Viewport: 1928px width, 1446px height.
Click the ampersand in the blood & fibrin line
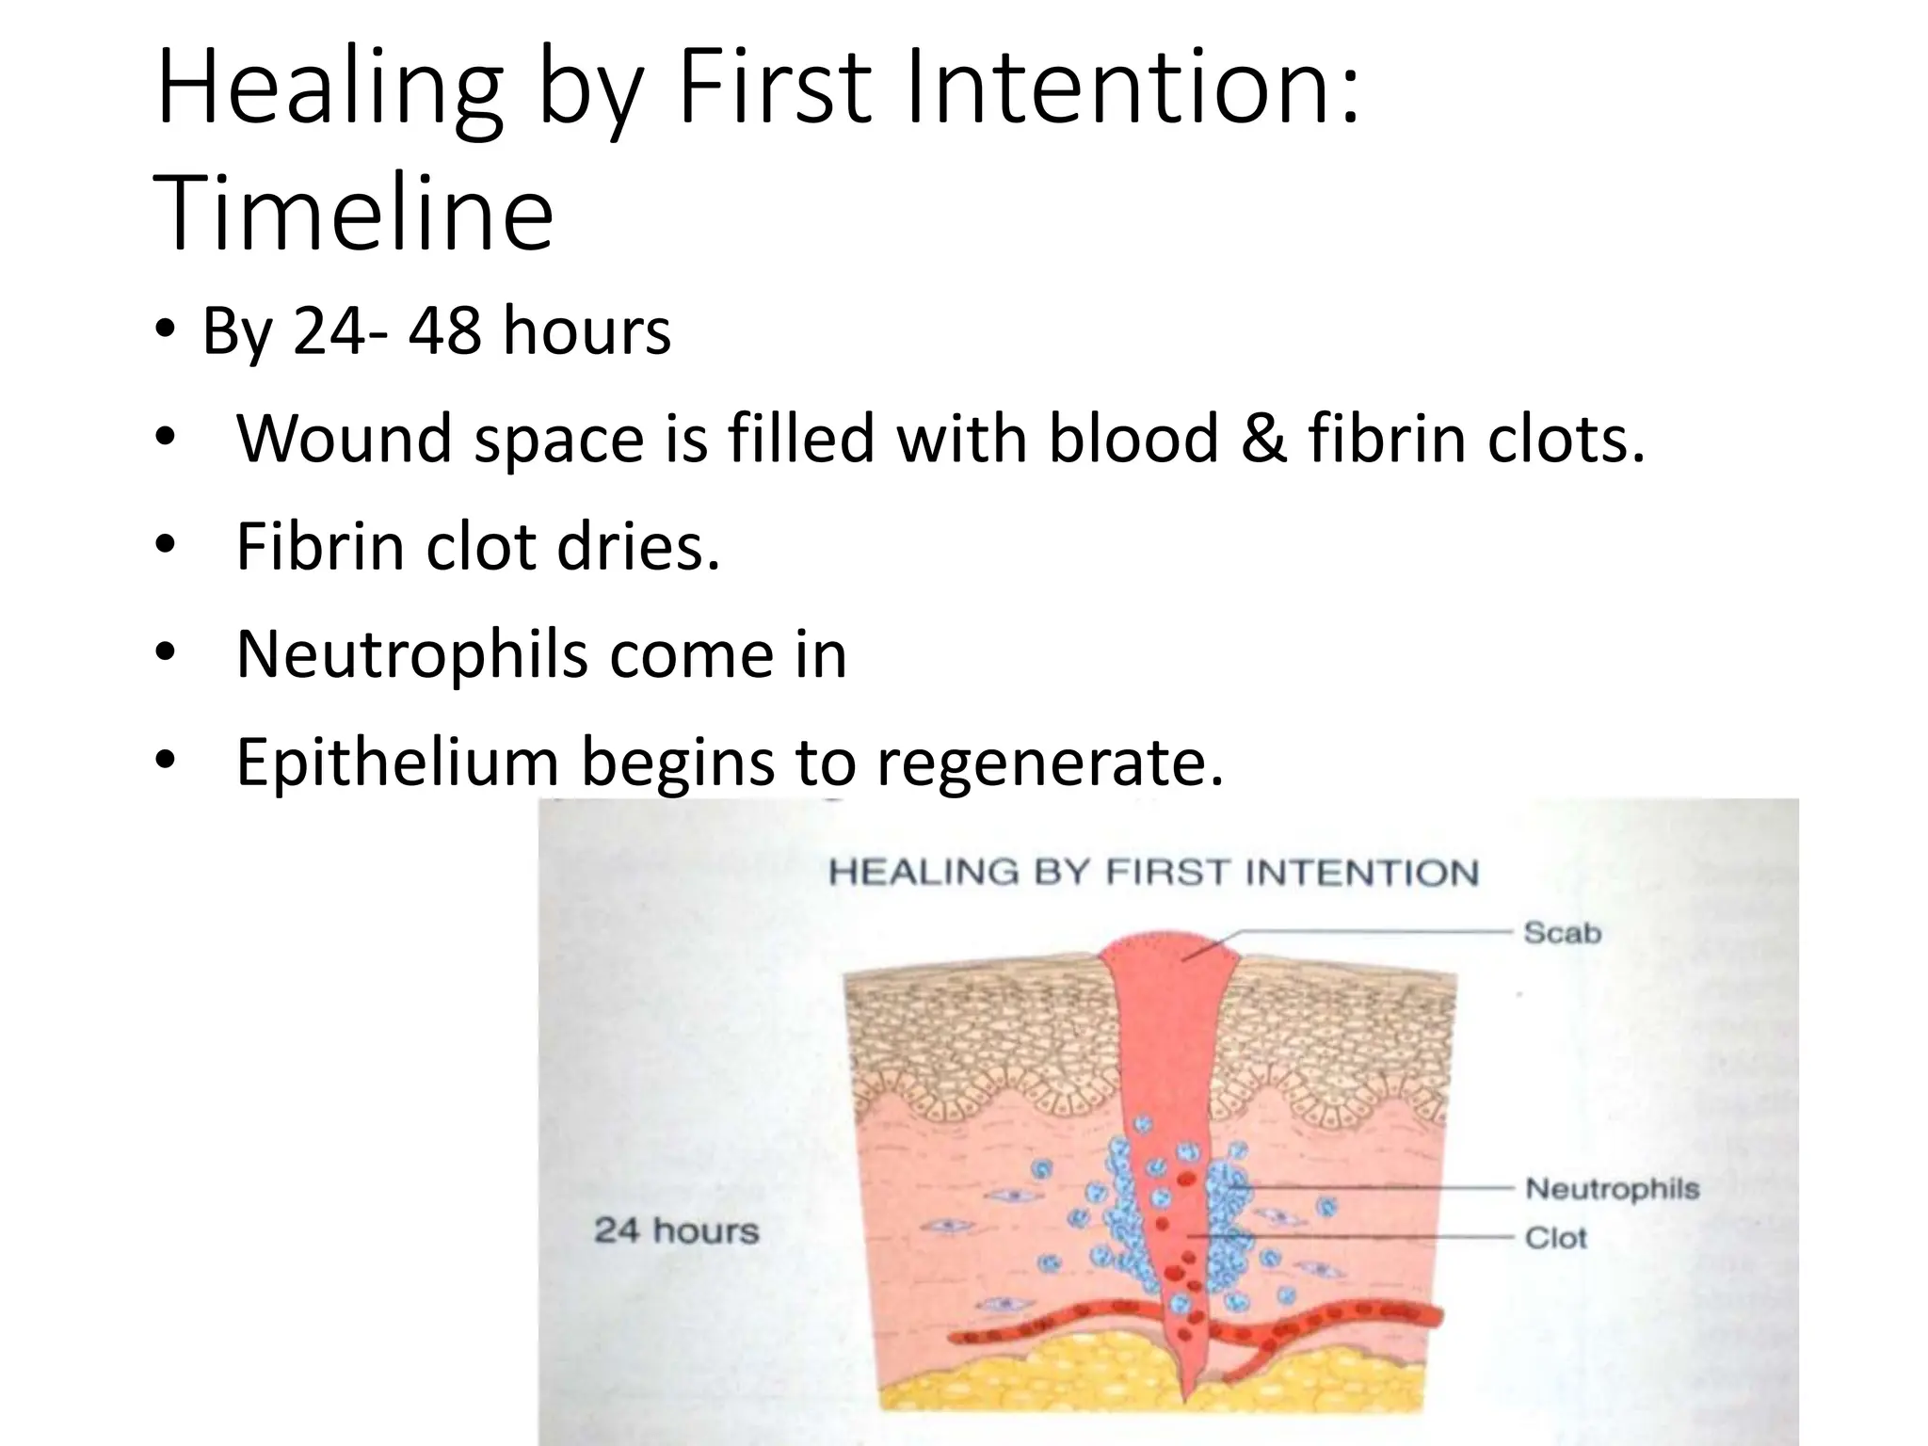pos(1262,439)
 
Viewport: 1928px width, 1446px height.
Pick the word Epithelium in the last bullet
pos(396,761)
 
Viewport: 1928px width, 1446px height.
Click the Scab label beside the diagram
pos(1562,933)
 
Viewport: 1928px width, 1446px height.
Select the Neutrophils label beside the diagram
pos(1612,1189)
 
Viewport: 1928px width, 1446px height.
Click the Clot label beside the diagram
pos(1555,1237)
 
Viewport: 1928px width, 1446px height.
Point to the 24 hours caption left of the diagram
pos(676,1230)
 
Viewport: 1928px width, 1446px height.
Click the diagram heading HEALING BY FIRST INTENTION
pos(1153,873)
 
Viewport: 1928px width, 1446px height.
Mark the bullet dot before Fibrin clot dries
pos(166,546)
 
